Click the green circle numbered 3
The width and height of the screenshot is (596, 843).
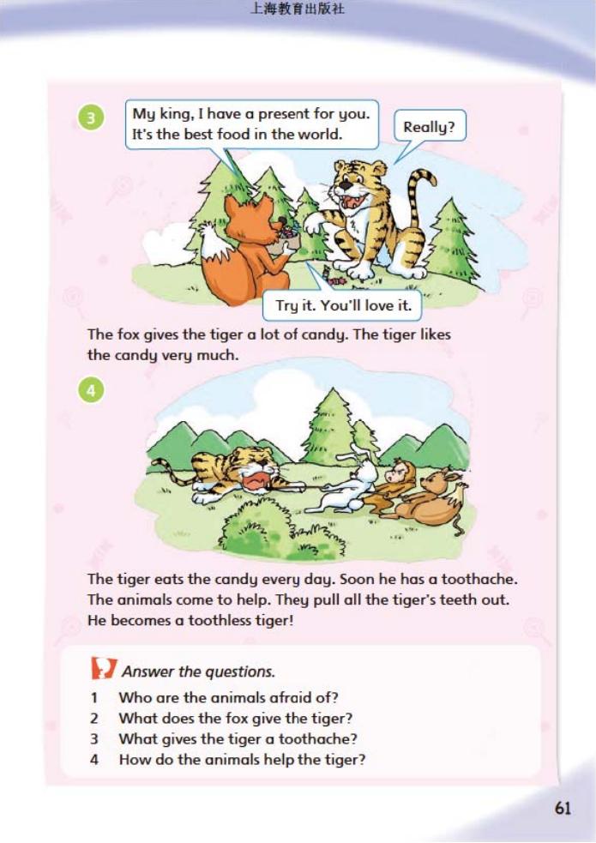pyautogui.click(x=92, y=117)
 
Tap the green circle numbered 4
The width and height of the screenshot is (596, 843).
pyautogui.click(x=92, y=391)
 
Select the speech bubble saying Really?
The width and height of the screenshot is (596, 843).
pyautogui.click(x=428, y=128)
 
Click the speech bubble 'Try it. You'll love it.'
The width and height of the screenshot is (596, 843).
pyautogui.click(x=343, y=306)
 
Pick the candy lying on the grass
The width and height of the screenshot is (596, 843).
pyautogui.click(x=338, y=281)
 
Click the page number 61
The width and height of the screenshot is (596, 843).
pyautogui.click(x=563, y=808)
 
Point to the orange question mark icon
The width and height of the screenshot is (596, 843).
pyautogui.click(x=103, y=668)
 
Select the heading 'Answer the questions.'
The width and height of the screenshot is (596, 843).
pyautogui.click(x=198, y=671)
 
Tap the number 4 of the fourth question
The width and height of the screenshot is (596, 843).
pyautogui.click(x=94, y=760)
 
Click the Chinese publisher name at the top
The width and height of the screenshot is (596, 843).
pyautogui.click(x=298, y=9)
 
